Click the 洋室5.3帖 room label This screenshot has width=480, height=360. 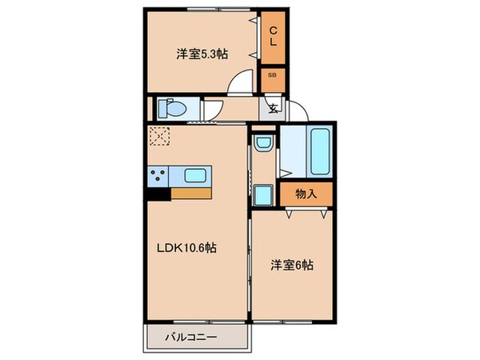point(202,54)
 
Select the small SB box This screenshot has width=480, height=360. point(273,74)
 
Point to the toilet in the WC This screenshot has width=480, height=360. point(171,107)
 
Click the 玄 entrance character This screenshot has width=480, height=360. point(273,109)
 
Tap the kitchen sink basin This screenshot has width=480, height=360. point(196,176)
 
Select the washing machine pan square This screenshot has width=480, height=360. point(263,194)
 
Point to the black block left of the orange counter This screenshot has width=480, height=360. point(158,193)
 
